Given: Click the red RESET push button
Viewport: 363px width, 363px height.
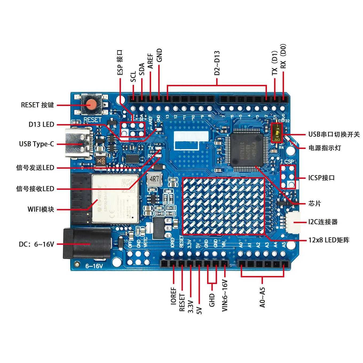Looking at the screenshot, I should pos(92,105).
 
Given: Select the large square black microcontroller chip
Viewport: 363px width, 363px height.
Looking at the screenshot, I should pos(247,149).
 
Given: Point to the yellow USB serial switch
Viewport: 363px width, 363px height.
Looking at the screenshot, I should pos(277,133).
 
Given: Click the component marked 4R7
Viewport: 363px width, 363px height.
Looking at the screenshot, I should pos(154,179).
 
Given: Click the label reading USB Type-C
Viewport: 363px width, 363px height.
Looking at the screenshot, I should pos(37,144).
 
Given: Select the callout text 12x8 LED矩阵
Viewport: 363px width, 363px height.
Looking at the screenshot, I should pos(329,240).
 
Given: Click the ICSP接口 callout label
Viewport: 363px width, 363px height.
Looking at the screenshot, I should pos(321,178).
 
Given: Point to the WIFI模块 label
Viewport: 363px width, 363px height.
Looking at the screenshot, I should pos(41,209).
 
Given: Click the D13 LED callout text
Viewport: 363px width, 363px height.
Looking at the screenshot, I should pos(41,125).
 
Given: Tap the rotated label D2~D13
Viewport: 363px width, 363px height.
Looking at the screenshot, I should pos(217,63).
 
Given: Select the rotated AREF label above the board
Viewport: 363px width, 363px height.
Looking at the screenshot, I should pos(151,61).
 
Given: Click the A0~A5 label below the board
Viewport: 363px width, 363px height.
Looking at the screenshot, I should pos(262,297).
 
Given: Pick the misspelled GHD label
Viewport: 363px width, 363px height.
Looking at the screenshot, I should pos(212,300).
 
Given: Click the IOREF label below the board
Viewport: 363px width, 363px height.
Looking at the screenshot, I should pos(173,296).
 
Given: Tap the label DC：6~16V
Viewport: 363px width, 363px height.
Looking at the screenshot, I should pos(36,244).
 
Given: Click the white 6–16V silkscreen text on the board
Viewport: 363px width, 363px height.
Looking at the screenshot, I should pos(94,266).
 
